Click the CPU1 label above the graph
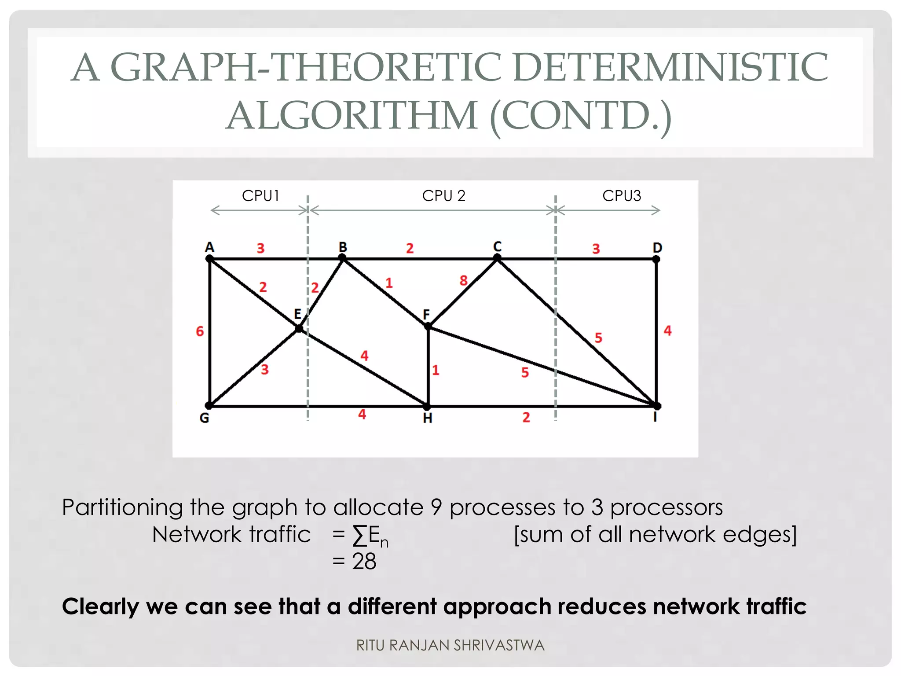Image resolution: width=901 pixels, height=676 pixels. click(260, 196)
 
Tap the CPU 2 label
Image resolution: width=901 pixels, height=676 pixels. click(443, 196)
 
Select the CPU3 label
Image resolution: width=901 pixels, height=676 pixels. click(621, 196)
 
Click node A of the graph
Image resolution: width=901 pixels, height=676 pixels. click(210, 259)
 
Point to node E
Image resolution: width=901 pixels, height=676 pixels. click(299, 328)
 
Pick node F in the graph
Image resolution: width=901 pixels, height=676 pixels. click(428, 326)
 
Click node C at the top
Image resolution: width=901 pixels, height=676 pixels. click(497, 258)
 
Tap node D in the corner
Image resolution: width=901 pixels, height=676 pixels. click(656, 259)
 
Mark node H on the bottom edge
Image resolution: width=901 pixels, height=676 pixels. click(427, 406)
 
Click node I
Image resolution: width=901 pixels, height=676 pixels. click(656, 405)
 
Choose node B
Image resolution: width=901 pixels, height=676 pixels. click(343, 258)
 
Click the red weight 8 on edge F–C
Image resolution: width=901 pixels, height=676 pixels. click(463, 280)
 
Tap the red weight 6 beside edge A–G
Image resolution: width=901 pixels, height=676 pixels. click(200, 331)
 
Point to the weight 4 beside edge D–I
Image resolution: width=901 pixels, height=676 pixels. click(667, 331)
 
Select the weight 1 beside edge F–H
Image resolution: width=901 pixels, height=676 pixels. click(436, 370)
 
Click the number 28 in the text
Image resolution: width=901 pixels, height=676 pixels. click(364, 562)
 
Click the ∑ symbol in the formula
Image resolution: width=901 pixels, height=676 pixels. click(359, 536)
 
